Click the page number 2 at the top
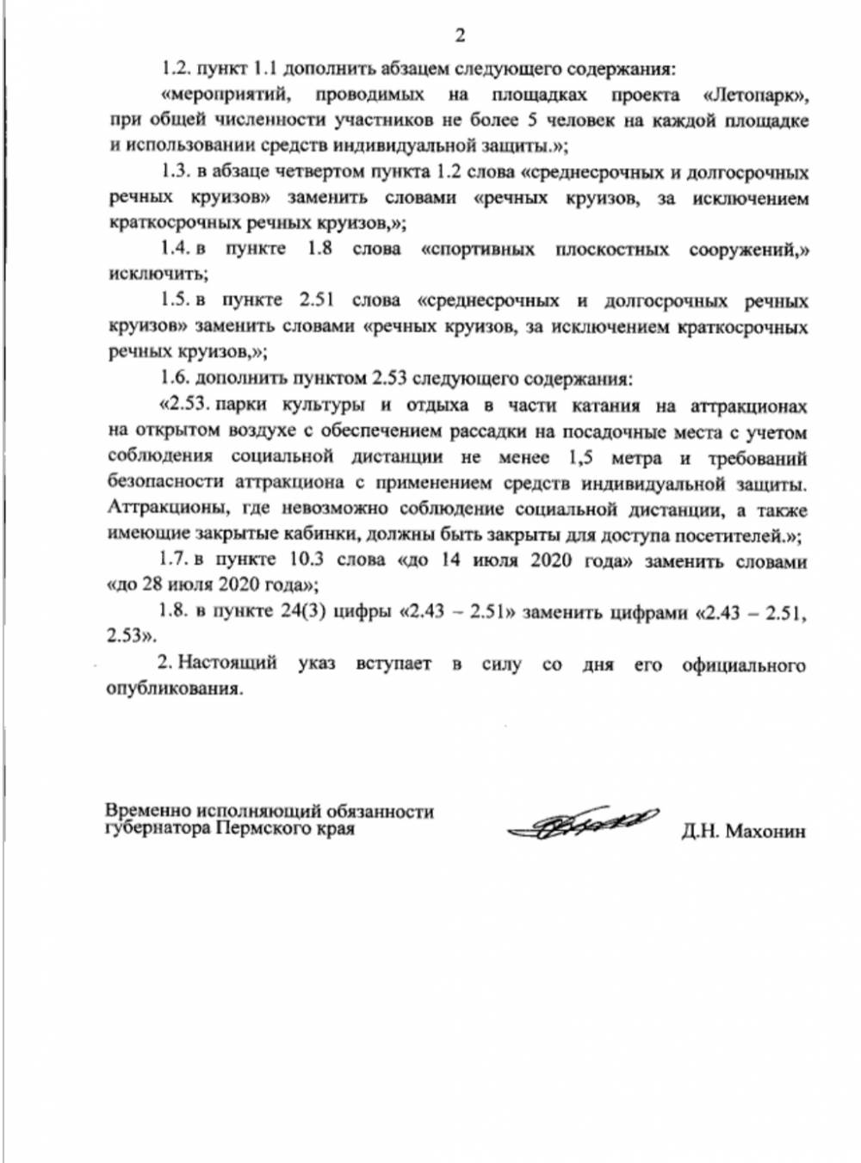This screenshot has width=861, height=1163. tap(460, 35)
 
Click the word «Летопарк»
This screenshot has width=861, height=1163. tap(755, 95)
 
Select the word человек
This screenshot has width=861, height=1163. tap(580, 121)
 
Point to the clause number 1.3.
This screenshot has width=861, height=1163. tap(175, 172)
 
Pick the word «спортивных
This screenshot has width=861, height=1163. tap(478, 250)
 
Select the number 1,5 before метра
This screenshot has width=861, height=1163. tap(585, 457)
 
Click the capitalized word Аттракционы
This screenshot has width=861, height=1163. tap(163, 509)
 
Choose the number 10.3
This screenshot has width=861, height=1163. tap(306, 560)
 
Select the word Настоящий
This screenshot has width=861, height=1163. tap(227, 664)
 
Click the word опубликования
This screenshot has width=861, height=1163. tap(174, 690)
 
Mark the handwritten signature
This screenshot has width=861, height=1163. tap(583, 824)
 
